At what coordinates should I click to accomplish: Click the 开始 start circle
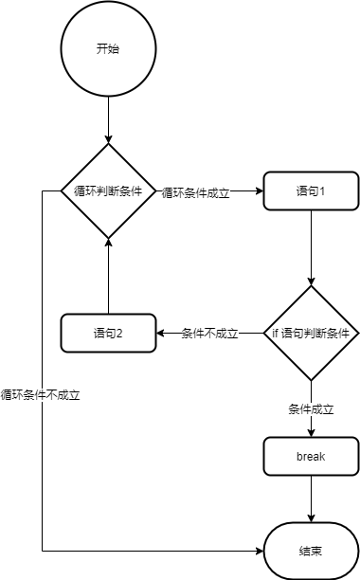click(108, 48)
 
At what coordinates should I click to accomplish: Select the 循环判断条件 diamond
click(108, 190)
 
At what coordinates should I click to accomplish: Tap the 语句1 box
click(312, 190)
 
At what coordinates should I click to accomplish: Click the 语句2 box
click(108, 333)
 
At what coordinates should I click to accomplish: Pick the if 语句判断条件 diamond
click(312, 333)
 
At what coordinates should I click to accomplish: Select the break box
click(312, 456)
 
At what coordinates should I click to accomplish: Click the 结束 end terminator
click(312, 551)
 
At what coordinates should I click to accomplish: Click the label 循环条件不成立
click(40, 395)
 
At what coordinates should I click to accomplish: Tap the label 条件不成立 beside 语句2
click(209, 334)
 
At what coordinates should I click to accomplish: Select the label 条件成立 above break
click(312, 408)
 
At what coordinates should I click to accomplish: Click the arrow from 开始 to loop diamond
click(108, 118)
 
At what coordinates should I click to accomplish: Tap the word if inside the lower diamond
click(276, 334)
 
